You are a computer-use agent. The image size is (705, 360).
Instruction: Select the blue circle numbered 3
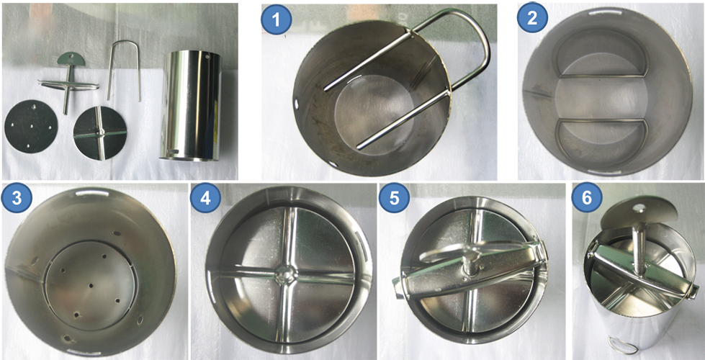17,199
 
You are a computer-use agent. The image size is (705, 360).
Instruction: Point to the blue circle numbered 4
205,199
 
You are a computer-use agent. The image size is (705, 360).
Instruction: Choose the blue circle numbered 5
394,199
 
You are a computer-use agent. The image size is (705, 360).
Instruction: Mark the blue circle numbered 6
586,199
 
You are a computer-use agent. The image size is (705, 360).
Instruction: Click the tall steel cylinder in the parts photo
192,106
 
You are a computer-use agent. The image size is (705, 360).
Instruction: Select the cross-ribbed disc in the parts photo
100,133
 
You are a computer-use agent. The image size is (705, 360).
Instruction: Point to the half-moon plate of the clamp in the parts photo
73,58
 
